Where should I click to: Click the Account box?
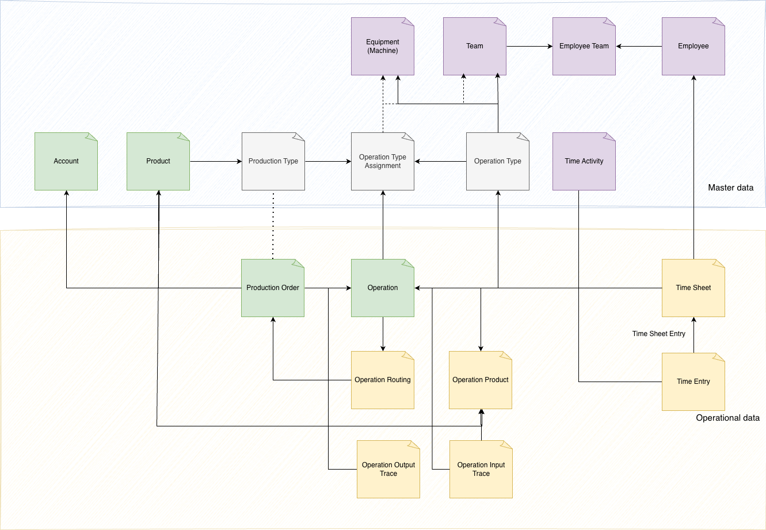66,161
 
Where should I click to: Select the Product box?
158,161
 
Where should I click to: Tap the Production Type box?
273,161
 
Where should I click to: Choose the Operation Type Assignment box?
383,161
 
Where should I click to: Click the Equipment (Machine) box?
383,46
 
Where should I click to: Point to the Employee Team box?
584,46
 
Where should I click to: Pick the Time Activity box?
584,161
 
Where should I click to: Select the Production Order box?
273,288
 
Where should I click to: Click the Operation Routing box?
383,380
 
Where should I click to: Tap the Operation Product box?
481,380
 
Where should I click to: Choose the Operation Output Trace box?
388,469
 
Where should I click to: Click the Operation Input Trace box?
481,469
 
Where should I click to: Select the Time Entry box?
693,382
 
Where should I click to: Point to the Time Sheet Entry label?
658,334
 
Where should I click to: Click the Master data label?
731,188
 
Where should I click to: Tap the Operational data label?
727,418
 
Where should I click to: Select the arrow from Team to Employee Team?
529,46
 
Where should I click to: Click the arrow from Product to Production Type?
216,161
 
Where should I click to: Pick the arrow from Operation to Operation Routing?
383,334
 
